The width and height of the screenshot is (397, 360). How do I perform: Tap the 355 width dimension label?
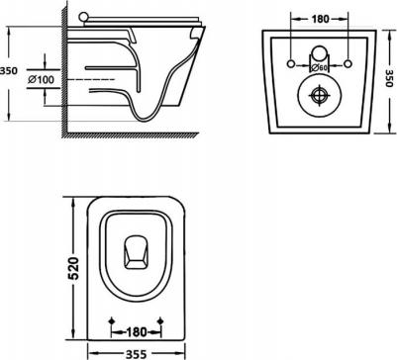pos(136,354)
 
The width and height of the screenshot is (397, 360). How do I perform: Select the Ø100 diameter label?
pos(41,80)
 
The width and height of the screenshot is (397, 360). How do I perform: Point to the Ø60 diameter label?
pos(319,68)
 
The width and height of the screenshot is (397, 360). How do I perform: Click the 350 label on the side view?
pos(9,71)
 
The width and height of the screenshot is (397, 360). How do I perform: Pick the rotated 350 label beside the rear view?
pos(391,78)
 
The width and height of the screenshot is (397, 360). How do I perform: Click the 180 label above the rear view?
pos(320,20)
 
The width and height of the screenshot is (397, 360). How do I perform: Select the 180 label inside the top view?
pos(136,331)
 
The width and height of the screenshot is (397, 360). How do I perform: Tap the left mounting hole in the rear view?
pos(290,63)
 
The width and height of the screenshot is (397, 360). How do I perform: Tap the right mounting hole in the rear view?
pos(347,63)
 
